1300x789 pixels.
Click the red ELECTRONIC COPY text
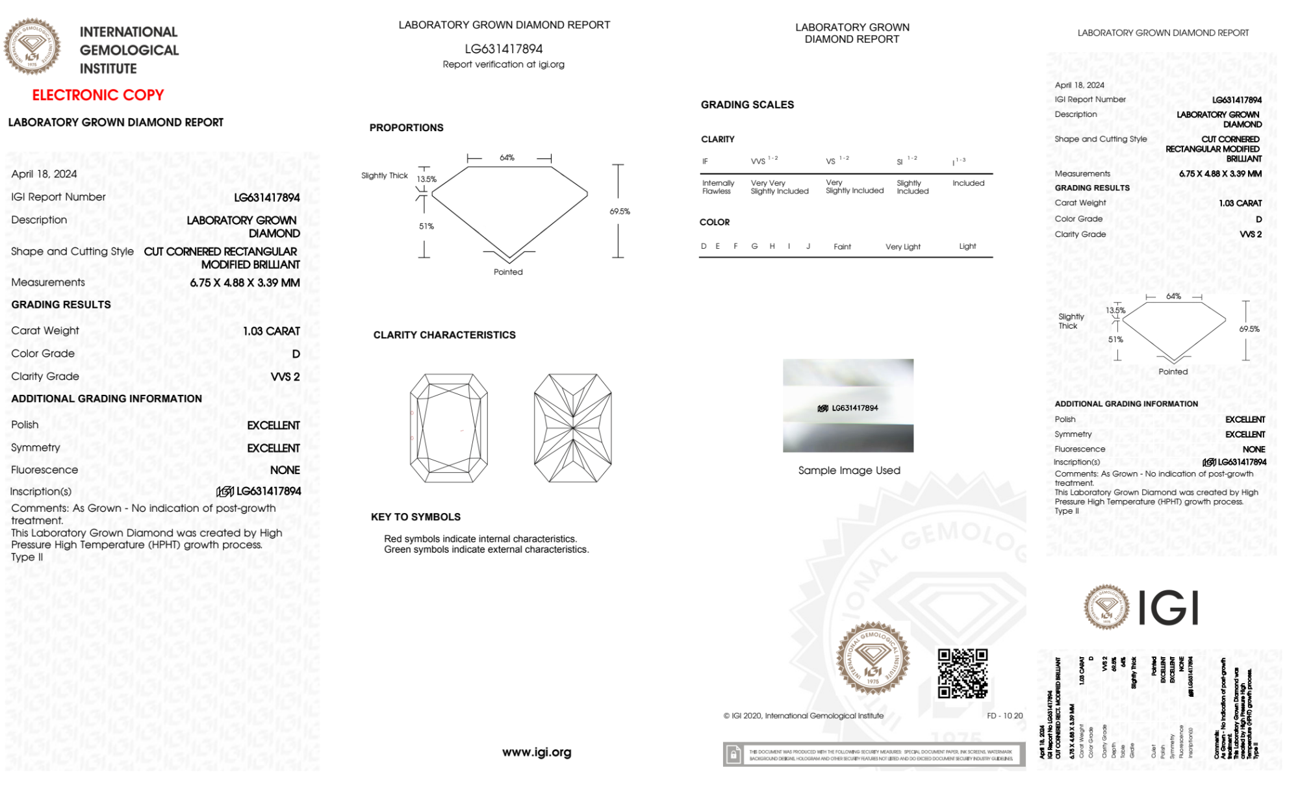pyautogui.click(x=98, y=95)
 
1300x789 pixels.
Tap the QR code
pyautogui.click(x=962, y=673)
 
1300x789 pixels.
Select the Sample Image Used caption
pyautogui.click(x=849, y=471)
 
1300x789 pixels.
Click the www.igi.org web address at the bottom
pyautogui.click(x=537, y=753)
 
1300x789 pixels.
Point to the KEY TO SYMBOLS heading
pyautogui.click(x=416, y=518)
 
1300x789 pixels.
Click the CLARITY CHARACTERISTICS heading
pyautogui.click(x=444, y=335)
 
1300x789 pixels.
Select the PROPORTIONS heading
pyautogui.click(x=407, y=128)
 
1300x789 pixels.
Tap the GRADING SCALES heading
pyautogui.click(x=747, y=105)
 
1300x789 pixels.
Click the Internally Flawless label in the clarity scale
pyautogui.click(x=718, y=188)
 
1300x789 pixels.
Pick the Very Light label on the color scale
pyautogui.click(x=903, y=247)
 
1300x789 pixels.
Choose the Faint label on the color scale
pyautogui.click(x=842, y=247)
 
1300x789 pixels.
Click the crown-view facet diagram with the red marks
pyautogui.click(x=449, y=428)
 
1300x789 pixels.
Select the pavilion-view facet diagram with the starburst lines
pyautogui.click(x=572, y=428)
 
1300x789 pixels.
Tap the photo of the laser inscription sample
pyautogui.click(x=848, y=406)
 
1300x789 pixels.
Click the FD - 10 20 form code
pyautogui.click(x=1004, y=716)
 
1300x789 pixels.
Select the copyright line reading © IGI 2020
pyautogui.click(x=804, y=716)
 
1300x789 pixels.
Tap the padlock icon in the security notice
pyautogui.click(x=733, y=755)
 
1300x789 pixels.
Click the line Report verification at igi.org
pyautogui.click(x=503, y=65)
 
